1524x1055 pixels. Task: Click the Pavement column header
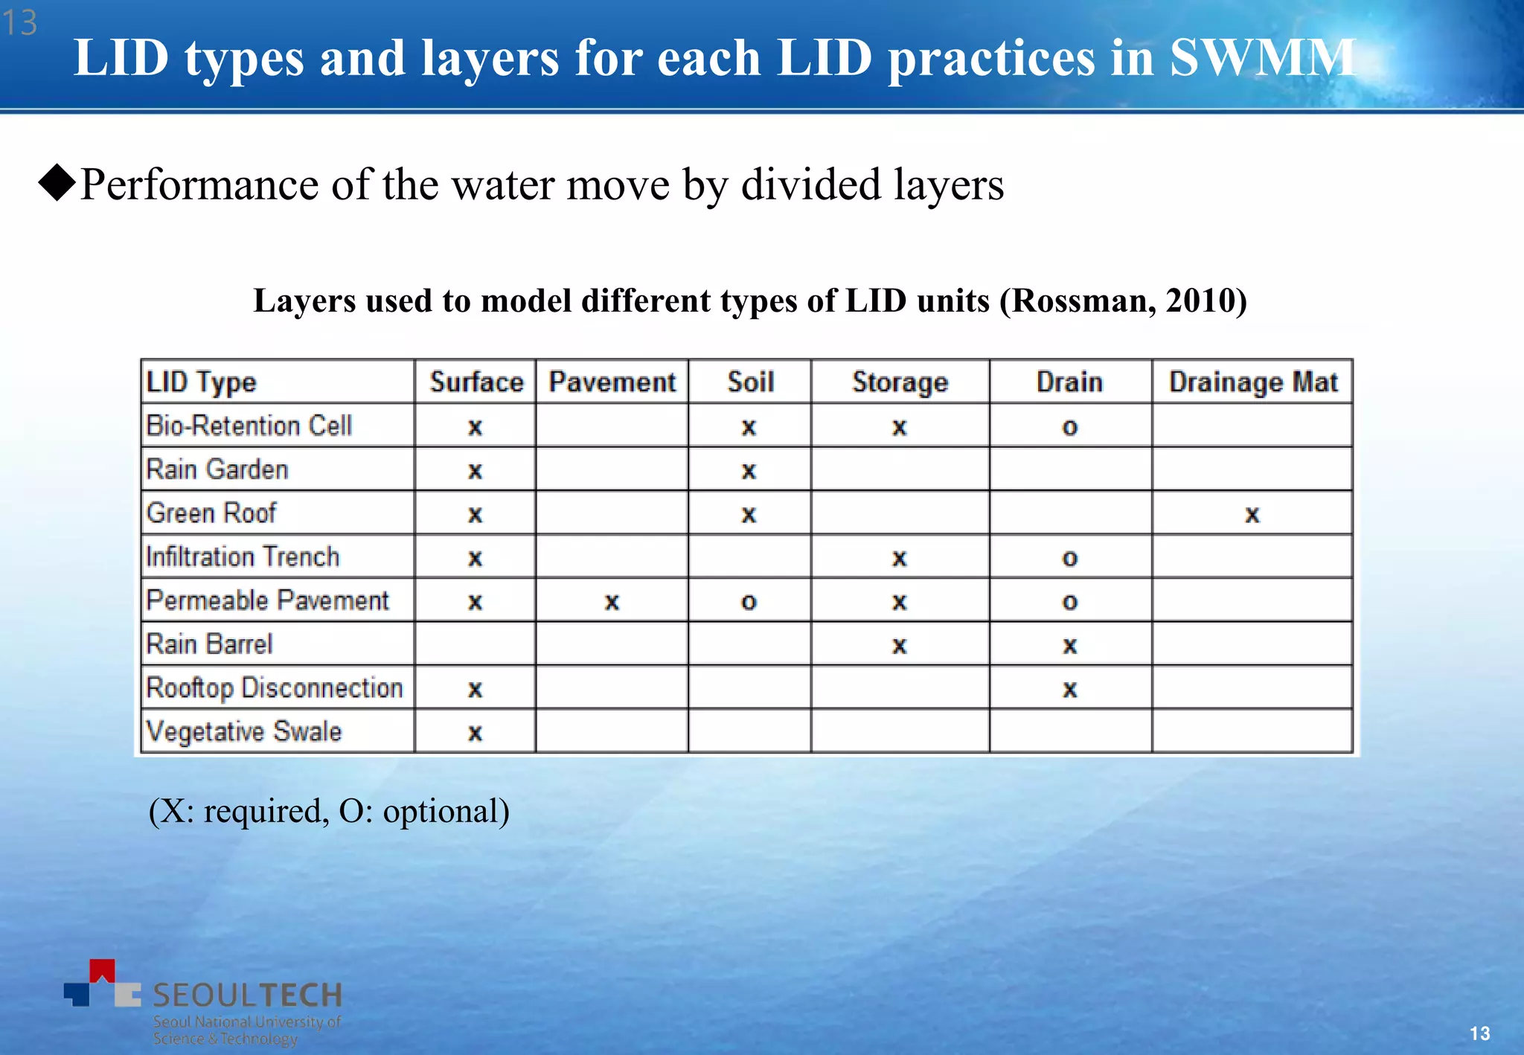[612, 382]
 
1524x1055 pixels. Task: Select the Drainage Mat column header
[1252, 382]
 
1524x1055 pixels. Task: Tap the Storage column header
[900, 382]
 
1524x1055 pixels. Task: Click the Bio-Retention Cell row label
[249, 426]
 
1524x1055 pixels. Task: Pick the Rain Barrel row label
[209, 644]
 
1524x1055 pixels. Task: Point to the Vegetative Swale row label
[243, 731]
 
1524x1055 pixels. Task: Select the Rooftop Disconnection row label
[274, 687]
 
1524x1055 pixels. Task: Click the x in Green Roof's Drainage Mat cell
[1252, 514]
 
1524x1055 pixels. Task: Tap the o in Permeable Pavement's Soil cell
[749, 602]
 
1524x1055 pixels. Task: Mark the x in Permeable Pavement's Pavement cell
[612, 602]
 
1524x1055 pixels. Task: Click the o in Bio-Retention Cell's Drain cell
[1069, 427]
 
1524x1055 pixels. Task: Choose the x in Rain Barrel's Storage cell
[900, 646]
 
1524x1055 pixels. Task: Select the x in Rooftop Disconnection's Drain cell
[1069, 690]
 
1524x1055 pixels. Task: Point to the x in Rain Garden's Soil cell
[749, 471]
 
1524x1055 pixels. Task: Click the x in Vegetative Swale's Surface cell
[475, 734]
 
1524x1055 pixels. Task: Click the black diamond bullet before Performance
[57, 183]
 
